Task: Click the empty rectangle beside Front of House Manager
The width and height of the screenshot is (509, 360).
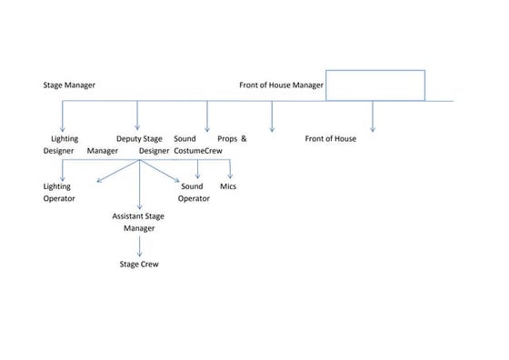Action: tap(374, 85)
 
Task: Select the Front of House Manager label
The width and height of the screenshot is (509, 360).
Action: tap(281, 85)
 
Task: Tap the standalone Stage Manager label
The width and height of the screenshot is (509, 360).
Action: tap(69, 85)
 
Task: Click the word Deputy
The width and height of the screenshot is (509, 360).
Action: tap(129, 138)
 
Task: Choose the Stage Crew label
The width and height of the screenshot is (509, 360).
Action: tap(139, 264)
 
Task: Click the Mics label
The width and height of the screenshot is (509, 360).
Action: tap(228, 185)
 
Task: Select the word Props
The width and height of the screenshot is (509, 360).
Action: tap(227, 138)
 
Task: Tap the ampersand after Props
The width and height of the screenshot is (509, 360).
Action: tap(244, 138)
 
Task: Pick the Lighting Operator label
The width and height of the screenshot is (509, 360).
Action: tap(58, 191)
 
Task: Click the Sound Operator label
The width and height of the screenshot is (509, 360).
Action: tap(193, 191)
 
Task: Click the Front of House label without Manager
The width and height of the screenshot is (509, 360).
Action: tap(330, 138)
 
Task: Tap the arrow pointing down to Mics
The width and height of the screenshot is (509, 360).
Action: tap(230, 170)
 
